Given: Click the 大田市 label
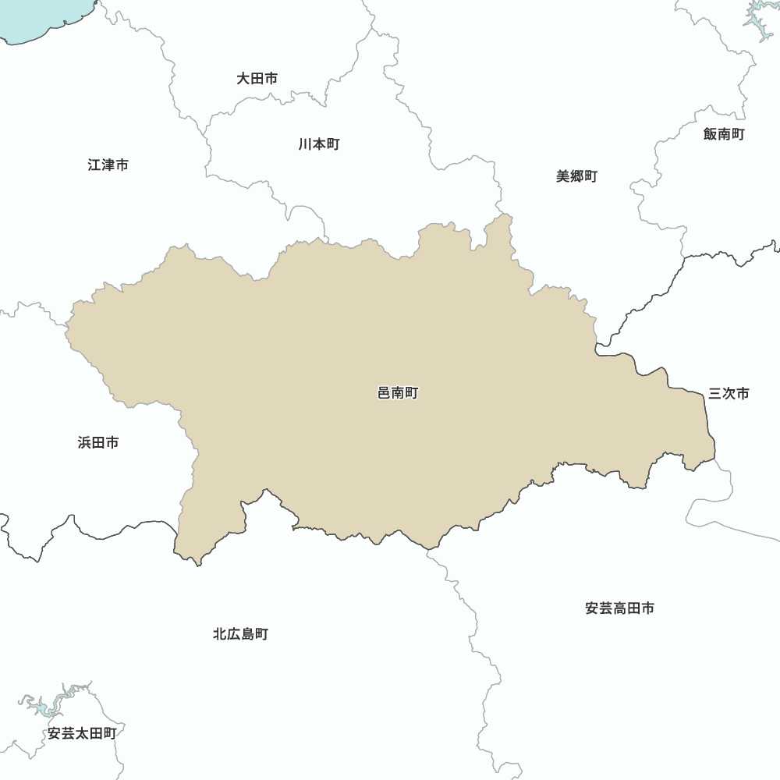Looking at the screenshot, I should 257,79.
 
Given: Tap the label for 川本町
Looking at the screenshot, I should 318,144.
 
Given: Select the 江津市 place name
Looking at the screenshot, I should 108,165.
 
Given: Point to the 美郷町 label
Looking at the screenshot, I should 576,176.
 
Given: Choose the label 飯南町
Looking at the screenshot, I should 724,134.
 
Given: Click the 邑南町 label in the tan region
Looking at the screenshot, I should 398,393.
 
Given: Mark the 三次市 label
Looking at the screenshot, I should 729,393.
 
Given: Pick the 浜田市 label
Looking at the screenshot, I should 98,443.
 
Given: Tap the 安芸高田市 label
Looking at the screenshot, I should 619,608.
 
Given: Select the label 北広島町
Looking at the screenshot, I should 240,634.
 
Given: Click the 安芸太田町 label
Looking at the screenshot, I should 82,733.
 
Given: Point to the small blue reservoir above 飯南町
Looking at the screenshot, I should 757,23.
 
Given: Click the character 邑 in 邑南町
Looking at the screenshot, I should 384,393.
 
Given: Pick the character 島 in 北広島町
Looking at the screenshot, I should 247,634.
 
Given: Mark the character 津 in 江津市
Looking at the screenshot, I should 108,165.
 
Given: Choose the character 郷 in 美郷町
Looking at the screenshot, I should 576,176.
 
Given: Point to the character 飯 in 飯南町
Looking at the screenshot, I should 710,134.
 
